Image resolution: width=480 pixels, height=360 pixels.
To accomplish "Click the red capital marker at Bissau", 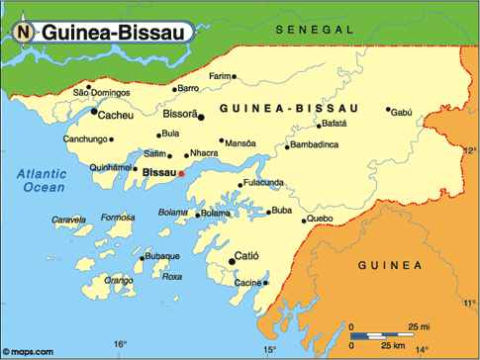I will click(x=181, y=174).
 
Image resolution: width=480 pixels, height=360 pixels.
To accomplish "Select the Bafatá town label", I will click(x=334, y=125).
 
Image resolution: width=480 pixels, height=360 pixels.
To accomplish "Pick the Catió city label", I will click(x=246, y=256).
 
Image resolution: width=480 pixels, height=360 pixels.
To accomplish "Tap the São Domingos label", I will click(x=102, y=92).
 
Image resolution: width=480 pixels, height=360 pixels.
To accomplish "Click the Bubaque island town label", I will click(x=162, y=256).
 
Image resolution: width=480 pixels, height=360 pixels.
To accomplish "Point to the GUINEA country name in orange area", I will click(x=389, y=265).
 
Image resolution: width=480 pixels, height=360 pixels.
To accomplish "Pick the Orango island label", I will click(x=119, y=280).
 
